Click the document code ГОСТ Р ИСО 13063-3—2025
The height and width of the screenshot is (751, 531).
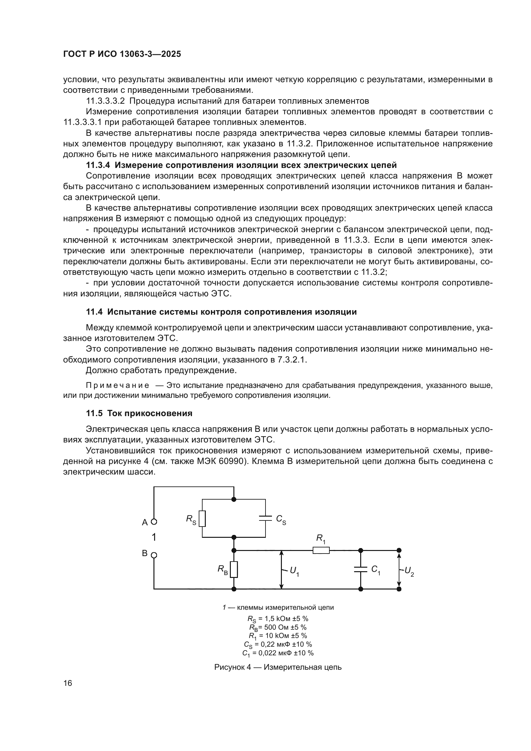tap(122, 54)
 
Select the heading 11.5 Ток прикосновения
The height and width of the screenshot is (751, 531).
tap(139, 413)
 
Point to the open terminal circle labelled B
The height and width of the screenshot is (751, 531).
tap(154, 555)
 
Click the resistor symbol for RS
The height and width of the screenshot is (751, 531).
tap(202, 519)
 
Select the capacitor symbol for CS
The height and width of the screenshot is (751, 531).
tap(265, 518)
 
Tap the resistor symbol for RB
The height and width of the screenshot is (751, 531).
tap(234, 570)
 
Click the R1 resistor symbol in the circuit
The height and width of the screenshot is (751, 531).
tap(321, 551)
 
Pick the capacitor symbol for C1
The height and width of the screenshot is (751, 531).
tap(361, 569)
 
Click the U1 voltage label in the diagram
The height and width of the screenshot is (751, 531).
tap(294, 571)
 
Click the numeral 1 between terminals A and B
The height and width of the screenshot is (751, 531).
tap(154, 537)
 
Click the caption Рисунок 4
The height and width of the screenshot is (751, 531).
tap(232, 667)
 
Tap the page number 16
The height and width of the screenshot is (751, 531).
tap(68, 683)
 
